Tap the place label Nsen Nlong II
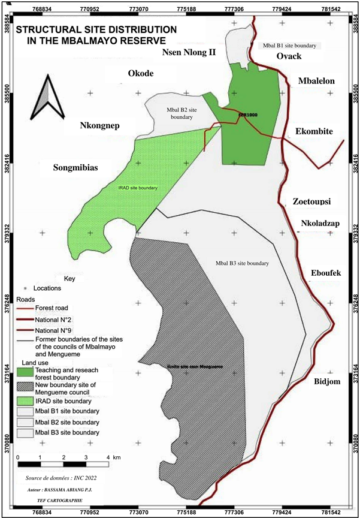pyautogui.click(x=190, y=53)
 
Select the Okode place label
pyautogui.click(x=141, y=74)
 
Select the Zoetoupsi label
pyautogui.click(x=311, y=201)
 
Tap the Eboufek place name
pyautogui.click(x=326, y=273)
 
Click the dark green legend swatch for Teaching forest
pyautogui.click(x=25, y=373)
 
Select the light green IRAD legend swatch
pyautogui.click(x=25, y=400)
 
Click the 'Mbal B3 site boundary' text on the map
pyautogui.click(x=241, y=263)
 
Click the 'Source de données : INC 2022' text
pyautogui.click(x=60, y=478)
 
